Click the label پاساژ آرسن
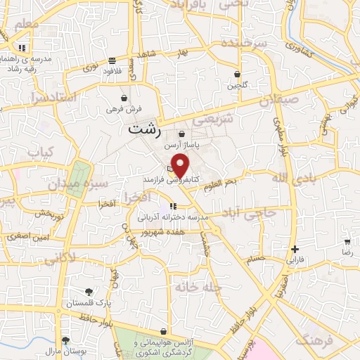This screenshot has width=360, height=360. coord(182,145)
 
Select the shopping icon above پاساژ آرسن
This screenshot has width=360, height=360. coord(182,134)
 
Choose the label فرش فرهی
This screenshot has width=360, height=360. coord(124,109)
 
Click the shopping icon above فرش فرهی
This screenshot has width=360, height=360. coord(124,98)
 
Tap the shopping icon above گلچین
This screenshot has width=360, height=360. coord(237,74)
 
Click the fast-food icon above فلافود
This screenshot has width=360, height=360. coord(112,60)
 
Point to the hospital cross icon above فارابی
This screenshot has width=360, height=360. coord(295,248)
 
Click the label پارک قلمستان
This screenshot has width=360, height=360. coord(89,303)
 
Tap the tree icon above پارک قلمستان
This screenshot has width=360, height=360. coord(89,292)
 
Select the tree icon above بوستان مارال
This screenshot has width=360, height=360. coord(65,340)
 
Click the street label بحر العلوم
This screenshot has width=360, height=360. coord(230,182)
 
